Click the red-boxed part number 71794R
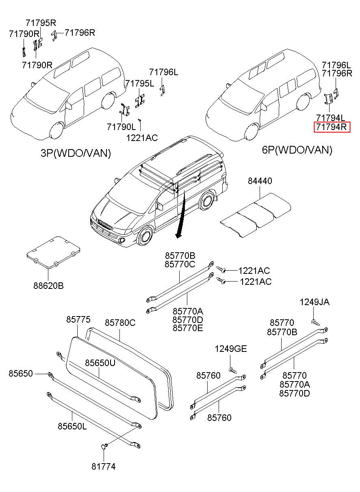coord(332,128)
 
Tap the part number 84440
coord(260,181)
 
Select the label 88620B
coord(48,286)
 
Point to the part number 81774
coord(103,467)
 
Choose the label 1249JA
coord(314,302)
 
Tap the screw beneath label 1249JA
coord(316,322)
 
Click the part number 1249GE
coord(230,349)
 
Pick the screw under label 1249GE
coord(232,370)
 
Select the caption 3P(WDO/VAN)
coord(76,153)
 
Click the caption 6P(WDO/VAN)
coord(297,150)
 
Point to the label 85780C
coord(120,323)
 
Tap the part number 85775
coord(78,320)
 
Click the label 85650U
coord(100,363)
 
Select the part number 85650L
coord(72,426)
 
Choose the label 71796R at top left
coord(80,33)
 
